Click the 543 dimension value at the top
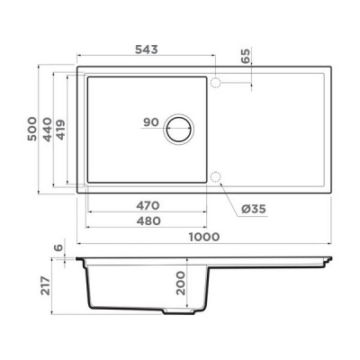[148, 49]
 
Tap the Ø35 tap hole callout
[253, 210]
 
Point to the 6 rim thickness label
[57, 248]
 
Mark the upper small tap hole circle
[215, 83]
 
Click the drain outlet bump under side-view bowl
[173, 313]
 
